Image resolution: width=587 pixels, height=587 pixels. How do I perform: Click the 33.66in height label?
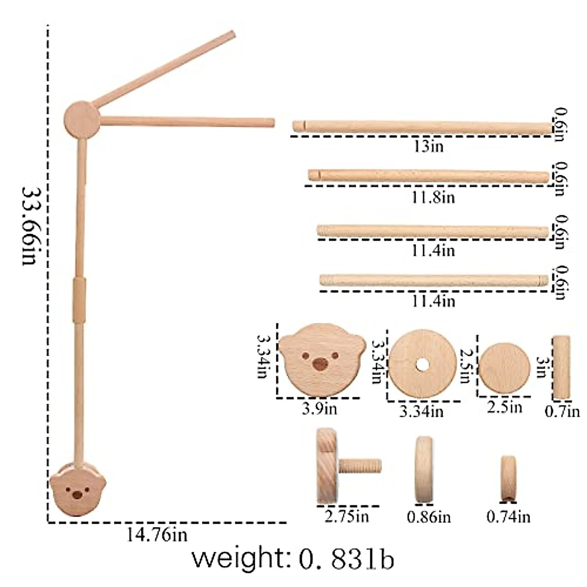[29, 226]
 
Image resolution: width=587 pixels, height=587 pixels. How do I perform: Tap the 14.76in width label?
[157, 535]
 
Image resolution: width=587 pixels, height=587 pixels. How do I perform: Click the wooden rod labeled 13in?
[423, 127]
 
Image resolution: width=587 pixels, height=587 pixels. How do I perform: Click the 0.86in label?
[429, 517]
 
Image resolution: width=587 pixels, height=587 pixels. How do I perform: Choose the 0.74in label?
[508, 517]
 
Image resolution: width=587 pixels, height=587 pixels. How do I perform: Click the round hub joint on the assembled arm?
[81, 119]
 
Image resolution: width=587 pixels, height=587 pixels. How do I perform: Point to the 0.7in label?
[562, 412]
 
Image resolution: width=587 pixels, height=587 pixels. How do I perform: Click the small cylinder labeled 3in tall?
[561, 367]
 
